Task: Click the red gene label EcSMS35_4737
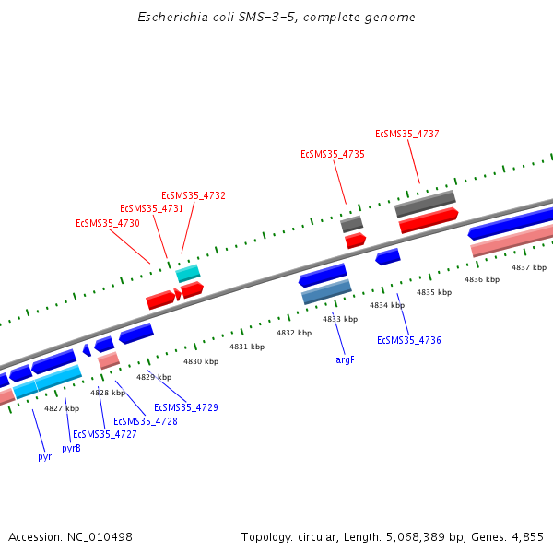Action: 406,135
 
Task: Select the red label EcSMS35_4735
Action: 333,155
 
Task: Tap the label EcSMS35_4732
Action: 194,196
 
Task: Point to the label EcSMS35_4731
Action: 152,209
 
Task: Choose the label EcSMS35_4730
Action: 108,224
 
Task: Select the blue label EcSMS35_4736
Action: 409,341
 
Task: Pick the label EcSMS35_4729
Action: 186,407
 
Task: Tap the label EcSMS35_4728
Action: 146,421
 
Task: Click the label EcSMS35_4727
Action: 105,435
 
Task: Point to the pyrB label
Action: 71,449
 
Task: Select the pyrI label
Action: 46,456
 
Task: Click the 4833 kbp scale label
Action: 339,319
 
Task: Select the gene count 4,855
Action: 527,536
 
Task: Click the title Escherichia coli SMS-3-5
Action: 212,18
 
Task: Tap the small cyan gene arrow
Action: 188,274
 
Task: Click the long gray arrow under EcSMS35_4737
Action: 426,205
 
